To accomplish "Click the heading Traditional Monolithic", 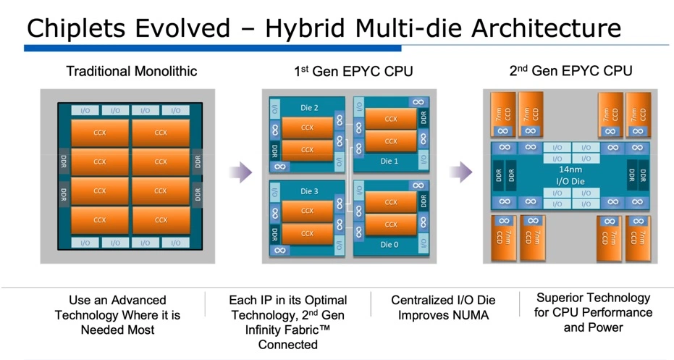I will (x=131, y=71).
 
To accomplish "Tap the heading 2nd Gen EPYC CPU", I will (x=570, y=70).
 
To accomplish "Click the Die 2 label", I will (x=309, y=108).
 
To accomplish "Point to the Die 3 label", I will (x=309, y=191).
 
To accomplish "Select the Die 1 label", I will (x=389, y=161).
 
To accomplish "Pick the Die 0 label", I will (x=389, y=245).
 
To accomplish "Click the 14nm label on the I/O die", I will (x=570, y=167).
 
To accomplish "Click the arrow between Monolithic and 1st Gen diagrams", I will (x=240, y=172).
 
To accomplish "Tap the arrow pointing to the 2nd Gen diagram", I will (x=460, y=172).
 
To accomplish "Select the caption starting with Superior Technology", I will (x=594, y=312).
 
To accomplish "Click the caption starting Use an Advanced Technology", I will (x=117, y=315).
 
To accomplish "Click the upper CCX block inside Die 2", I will (x=308, y=127).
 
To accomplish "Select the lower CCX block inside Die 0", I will (x=391, y=225).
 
